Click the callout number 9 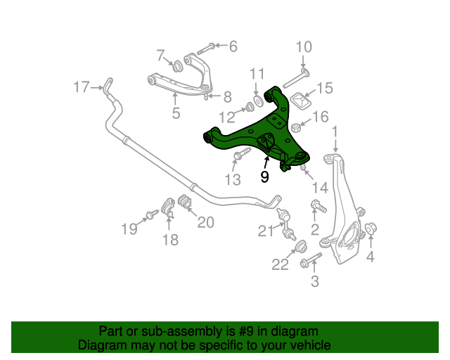point(264,176)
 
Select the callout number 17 point(82,87)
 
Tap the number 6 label point(233,47)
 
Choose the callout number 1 point(335,131)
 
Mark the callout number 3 point(314,282)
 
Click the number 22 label point(281,264)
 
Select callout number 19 point(128,228)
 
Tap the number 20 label point(205,222)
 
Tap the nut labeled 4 point(372,228)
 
